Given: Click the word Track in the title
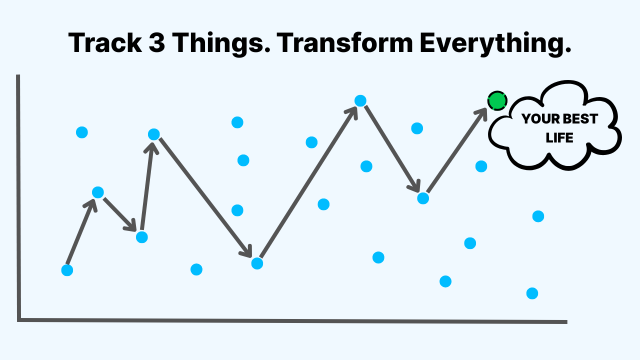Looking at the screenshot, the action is [x=105, y=43].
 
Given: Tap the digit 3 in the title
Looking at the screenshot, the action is [x=157, y=43].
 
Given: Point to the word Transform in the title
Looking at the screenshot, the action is [x=345, y=43].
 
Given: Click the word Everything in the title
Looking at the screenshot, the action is [x=495, y=44].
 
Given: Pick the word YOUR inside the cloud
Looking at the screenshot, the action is [x=536, y=119].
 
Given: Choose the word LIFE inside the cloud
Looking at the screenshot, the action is [x=559, y=138].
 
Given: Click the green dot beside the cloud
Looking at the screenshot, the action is [x=497, y=100].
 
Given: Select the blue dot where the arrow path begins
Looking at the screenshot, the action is [x=67, y=270].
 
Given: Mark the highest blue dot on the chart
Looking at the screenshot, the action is [x=360, y=100].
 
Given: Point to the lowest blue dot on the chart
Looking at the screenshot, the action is [x=532, y=293].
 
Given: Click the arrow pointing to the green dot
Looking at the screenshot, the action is [x=456, y=150].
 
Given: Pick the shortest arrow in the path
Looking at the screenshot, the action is [x=120, y=215].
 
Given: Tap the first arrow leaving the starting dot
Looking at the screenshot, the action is [x=81, y=231].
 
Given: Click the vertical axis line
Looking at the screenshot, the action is [x=18, y=197].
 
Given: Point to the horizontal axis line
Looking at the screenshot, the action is [x=292, y=320].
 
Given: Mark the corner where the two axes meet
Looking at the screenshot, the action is [x=19, y=320].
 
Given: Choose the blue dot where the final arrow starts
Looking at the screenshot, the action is [x=423, y=198].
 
